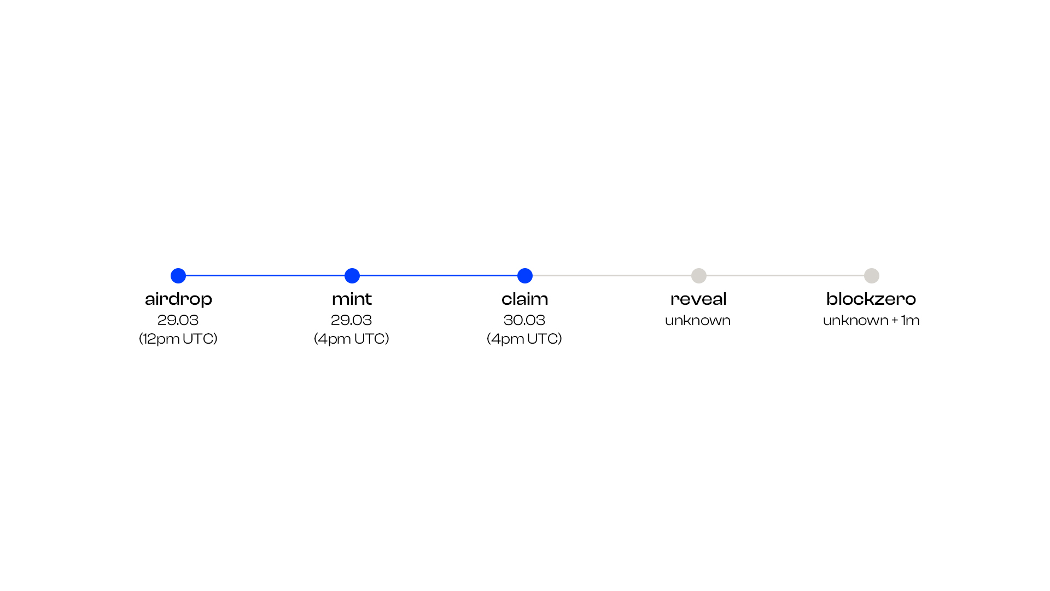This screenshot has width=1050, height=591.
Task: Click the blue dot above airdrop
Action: tap(178, 276)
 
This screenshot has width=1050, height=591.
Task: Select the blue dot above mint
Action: tap(352, 276)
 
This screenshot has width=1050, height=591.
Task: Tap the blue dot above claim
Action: tap(525, 276)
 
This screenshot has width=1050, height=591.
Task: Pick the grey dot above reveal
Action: tap(699, 276)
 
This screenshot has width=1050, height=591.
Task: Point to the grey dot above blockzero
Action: tap(872, 276)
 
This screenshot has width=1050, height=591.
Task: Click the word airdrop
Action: tap(178, 299)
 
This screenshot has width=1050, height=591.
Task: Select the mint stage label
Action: tap(352, 299)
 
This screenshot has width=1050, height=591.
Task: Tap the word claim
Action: tap(524, 299)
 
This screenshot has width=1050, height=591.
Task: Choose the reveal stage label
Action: tap(698, 299)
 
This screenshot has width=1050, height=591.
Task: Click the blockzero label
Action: tap(871, 299)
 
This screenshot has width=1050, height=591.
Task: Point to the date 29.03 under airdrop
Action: tap(178, 320)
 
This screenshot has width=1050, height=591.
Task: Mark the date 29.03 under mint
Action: tap(351, 320)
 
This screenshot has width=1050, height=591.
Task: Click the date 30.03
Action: tap(524, 320)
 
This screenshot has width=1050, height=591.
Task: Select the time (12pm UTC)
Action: tap(178, 339)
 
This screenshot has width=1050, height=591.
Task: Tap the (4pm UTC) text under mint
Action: tap(352, 339)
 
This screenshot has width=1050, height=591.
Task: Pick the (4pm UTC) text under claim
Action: tap(524, 339)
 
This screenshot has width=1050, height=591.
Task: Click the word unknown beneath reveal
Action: tap(698, 320)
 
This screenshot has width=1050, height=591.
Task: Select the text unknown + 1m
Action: tap(871, 320)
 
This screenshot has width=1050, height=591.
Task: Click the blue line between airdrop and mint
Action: tap(265, 276)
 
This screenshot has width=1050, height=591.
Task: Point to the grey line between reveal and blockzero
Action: tap(785, 276)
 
